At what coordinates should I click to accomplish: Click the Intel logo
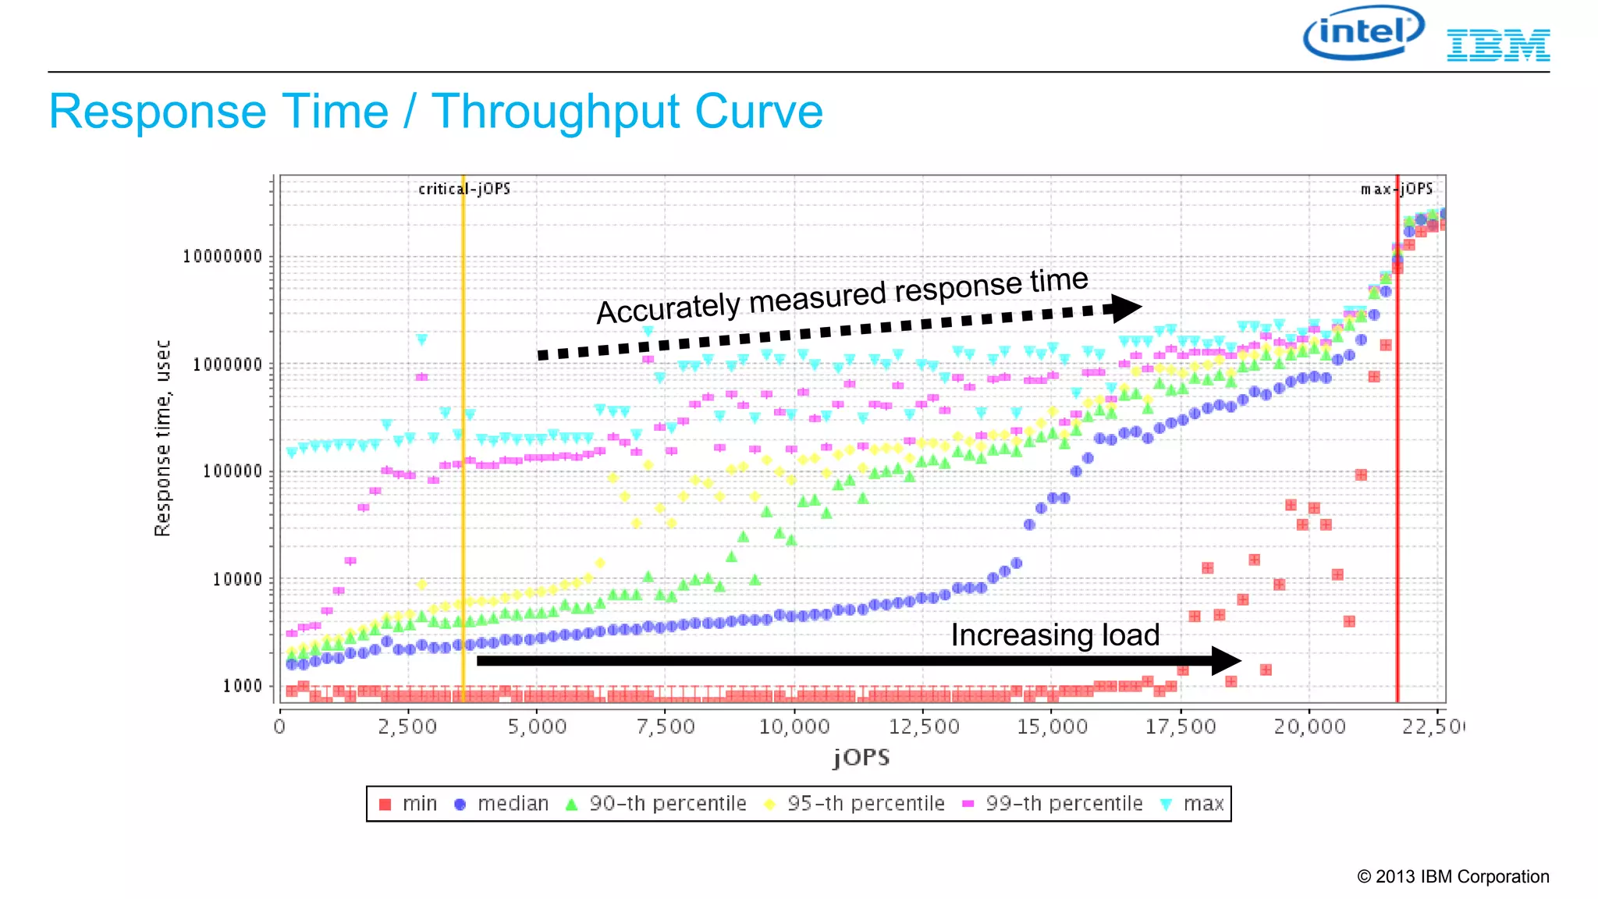(1363, 33)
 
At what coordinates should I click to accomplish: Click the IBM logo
(1498, 45)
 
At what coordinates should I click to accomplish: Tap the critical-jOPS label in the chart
(464, 189)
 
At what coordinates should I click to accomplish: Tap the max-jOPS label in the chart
(1397, 189)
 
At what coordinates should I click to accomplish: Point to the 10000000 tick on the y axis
(222, 257)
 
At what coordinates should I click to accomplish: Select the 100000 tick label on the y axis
(233, 471)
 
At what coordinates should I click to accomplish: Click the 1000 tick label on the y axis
(242, 686)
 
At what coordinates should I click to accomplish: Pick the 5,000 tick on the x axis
(537, 727)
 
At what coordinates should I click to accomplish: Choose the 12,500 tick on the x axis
(924, 727)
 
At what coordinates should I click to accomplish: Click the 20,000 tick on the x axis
(1309, 727)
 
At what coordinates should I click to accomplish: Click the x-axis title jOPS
(861, 758)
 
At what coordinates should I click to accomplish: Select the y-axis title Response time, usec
(162, 438)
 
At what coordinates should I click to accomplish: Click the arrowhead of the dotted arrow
(1126, 308)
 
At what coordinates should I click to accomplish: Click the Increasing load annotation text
(1055, 635)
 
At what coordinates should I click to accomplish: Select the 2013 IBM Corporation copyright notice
(1453, 876)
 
